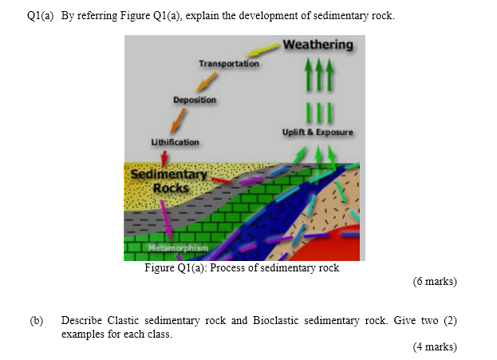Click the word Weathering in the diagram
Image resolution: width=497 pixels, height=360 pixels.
pos(318,45)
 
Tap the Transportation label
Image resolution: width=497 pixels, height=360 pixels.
pos(229,63)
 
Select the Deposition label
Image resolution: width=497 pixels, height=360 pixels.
pos(195,100)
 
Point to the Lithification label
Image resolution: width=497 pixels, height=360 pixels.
pos(175,142)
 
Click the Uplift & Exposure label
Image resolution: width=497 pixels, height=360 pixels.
pos(318,132)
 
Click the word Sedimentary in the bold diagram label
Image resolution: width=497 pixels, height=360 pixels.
pos(168,174)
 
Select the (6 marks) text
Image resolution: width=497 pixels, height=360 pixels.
pos(434,281)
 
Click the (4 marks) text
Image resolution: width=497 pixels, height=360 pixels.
pos(434,346)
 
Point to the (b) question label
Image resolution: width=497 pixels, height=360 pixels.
pos(36,320)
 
